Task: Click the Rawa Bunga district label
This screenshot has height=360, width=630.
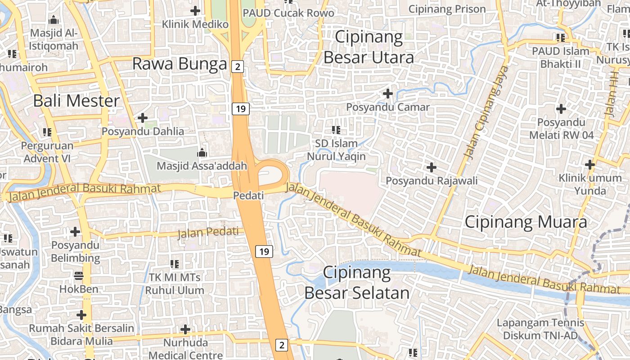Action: [180, 64]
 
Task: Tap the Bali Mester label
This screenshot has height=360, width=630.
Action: [76, 101]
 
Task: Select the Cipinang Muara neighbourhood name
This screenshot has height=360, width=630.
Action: [526, 222]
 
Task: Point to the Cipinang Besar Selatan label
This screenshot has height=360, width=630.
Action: [357, 283]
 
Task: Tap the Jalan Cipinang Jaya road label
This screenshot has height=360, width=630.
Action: [486, 112]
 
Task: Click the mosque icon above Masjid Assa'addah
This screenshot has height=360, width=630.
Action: [202, 153]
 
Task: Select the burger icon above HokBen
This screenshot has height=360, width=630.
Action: [79, 275]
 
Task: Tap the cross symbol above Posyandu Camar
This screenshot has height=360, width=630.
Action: [387, 94]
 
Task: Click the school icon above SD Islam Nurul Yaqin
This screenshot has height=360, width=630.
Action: [336, 130]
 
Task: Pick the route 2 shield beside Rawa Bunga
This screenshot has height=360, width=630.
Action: [238, 67]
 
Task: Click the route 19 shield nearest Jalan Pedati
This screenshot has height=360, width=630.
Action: [264, 252]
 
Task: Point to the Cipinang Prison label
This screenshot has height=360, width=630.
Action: [447, 9]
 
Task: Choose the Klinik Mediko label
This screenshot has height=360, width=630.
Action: [195, 24]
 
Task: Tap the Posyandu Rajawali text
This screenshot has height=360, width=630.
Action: [432, 180]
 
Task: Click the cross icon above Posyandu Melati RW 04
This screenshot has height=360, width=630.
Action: [561, 108]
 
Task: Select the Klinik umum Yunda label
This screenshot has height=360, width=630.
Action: [590, 184]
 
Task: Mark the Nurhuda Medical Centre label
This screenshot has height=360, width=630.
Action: [185, 349]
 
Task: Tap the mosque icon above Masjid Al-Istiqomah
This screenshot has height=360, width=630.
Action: [54, 20]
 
